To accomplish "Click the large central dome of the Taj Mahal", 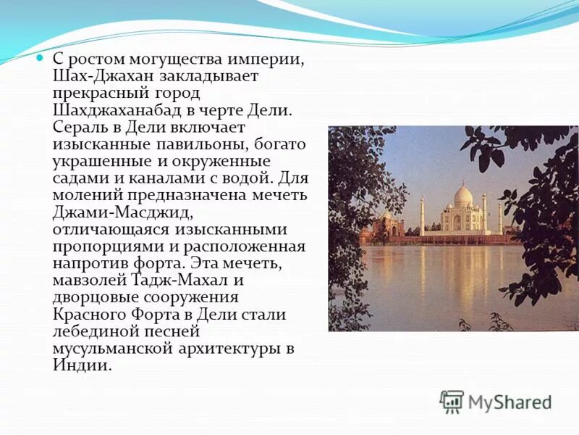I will pyautogui.click(x=462, y=196).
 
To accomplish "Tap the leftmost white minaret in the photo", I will pyautogui.click(x=422, y=215).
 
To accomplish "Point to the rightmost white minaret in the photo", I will pyautogui.click(x=500, y=217).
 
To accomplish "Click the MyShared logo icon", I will pyautogui.click(x=452, y=401).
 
